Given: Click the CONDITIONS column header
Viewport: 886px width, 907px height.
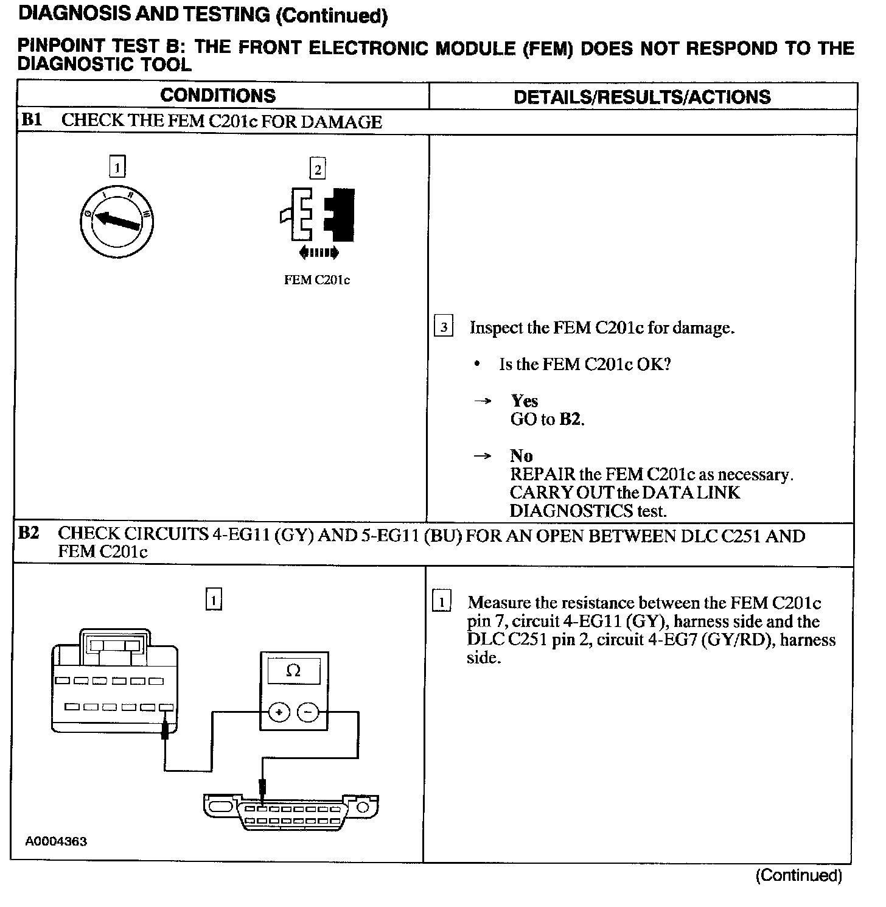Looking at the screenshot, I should [x=218, y=96].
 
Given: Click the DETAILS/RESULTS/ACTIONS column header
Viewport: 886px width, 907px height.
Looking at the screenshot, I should [x=642, y=97].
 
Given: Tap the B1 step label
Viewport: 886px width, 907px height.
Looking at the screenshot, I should [x=31, y=120].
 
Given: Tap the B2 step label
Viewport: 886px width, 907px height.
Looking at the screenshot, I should [x=29, y=533].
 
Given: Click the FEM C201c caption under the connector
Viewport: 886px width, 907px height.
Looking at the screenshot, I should [x=317, y=280].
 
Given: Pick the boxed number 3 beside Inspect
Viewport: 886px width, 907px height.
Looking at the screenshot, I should [x=444, y=327].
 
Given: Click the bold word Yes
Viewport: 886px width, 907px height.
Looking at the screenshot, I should [x=524, y=401].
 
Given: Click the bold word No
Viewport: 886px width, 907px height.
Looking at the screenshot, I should [x=521, y=456].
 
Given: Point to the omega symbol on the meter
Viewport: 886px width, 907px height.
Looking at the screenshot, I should [x=293, y=671].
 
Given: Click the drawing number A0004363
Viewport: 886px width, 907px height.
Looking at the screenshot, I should [x=56, y=841].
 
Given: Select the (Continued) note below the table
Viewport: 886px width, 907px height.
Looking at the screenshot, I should [x=798, y=875].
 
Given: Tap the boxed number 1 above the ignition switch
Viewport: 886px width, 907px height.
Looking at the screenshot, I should [x=117, y=166].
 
